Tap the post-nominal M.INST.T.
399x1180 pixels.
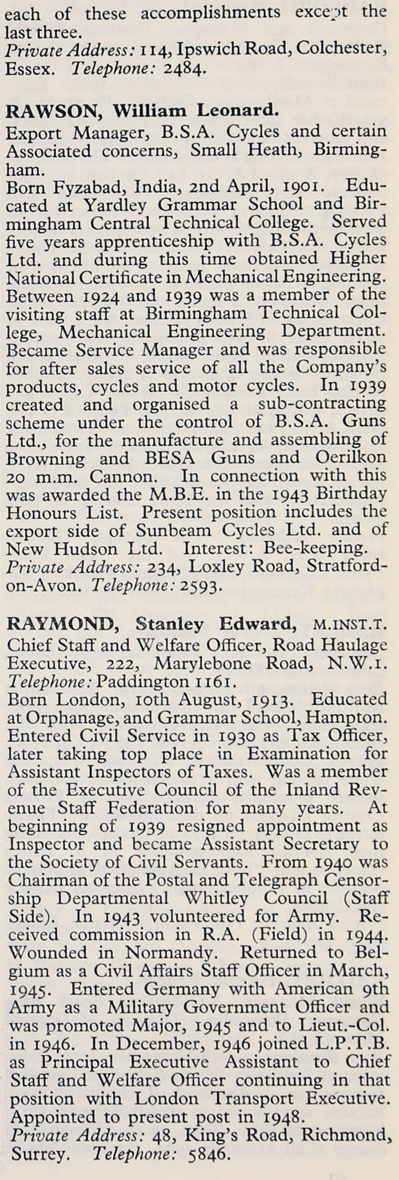click(x=349, y=625)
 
